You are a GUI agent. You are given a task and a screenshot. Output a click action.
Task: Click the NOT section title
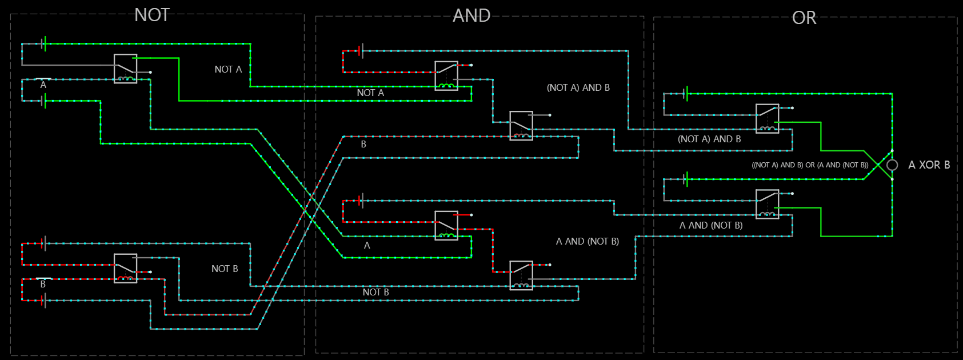click(x=152, y=15)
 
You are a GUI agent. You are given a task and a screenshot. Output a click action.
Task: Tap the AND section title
click(x=471, y=15)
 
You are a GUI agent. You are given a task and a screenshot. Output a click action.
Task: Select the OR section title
click(x=804, y=18)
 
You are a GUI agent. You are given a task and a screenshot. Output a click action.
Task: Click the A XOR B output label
click(x=929, y=165)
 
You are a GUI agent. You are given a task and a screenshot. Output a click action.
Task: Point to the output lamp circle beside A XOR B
click(x=892, y=165)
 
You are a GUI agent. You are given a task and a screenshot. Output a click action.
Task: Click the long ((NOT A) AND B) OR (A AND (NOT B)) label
click(x=810, y=165)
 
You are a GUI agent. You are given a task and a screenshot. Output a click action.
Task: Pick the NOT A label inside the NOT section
click(x=228, y=69)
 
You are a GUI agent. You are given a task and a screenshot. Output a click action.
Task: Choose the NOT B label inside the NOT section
click(x=225, y=269)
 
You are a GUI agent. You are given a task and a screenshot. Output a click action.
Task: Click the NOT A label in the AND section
click(x=370, y=93)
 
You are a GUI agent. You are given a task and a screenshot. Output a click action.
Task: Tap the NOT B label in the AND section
click(x=375, y=292)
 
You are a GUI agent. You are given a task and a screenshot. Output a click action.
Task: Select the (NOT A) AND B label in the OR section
click(x=709, y=139)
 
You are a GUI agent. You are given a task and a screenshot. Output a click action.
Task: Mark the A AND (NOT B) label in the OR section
click(x=711, y=225)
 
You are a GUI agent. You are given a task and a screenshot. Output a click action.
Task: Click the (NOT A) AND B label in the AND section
click(x=578, y=87)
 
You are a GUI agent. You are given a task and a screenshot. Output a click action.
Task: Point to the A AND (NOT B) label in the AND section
click(x=588, y=241)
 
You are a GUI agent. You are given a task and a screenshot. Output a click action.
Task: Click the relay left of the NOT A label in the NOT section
click(x=126, y=69)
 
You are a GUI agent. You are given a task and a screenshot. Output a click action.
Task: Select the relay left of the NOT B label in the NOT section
click(x=126, y=269)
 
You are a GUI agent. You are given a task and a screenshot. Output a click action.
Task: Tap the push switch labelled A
click(x=43, y=79)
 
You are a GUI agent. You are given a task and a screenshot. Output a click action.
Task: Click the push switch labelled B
click(x=43, y=278)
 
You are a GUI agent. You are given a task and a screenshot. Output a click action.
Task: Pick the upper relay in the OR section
click(x=767, y=119)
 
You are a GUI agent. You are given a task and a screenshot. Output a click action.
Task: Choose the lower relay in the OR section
click(x=767, y=204)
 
